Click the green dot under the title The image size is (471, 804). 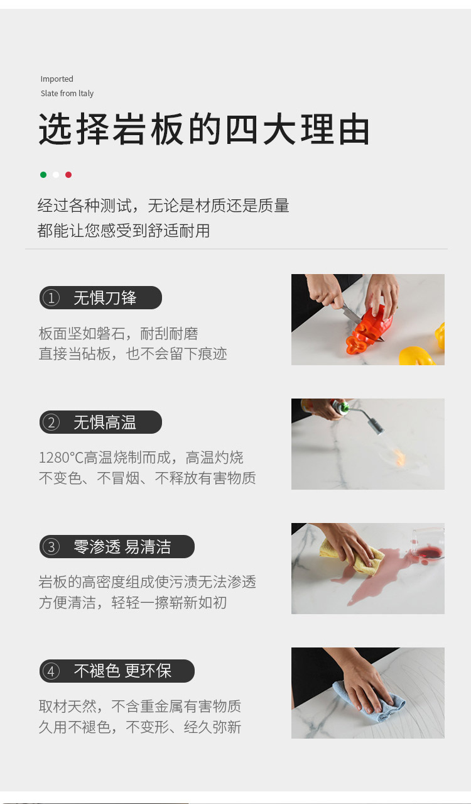(x=43, y=175)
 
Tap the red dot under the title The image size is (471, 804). (x=68, y=175)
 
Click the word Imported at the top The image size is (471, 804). (x=57, y=79)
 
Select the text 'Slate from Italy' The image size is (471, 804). (x=67, y=93)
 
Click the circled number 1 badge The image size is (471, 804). (x=51, y=298)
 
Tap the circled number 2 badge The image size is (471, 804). (x=51, y=422)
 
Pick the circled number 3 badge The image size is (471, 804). (x=51, y=547)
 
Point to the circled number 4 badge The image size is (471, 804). (x=51, y=671)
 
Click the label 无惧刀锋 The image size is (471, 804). (x=105, y=298)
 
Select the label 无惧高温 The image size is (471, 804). (x=105, y=422)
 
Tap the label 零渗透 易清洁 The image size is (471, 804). (x=122, y=547)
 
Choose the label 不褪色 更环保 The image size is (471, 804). (x=122, y=671)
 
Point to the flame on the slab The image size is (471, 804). (x=399, y=456)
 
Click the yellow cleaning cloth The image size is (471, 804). (x=353, y=555)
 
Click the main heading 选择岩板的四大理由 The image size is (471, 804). (x=204, y=129)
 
